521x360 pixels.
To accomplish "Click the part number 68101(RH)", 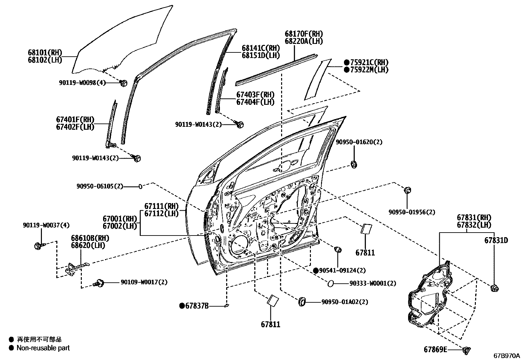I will click(45, 53).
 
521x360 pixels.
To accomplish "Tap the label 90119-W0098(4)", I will click(82, 83).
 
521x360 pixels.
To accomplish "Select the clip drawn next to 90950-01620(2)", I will click(354, 164).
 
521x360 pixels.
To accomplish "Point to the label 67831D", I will click(496, 240).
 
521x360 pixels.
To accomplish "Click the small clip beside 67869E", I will click(466, 350).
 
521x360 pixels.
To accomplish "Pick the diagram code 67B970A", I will click(506, 355).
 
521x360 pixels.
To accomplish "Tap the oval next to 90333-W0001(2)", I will click(330, 283).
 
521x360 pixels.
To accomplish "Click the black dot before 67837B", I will click(182, 306).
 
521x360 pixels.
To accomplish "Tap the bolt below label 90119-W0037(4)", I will click(38, 245).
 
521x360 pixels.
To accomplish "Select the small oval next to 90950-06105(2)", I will click(141, 186).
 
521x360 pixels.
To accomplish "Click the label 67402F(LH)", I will click(75, 127).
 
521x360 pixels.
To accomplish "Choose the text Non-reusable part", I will click(43, 348).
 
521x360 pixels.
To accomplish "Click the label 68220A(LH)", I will click(304, 41).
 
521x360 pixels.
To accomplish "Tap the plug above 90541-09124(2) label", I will click(338, 250).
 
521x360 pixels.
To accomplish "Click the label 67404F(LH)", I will click(256, 102).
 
